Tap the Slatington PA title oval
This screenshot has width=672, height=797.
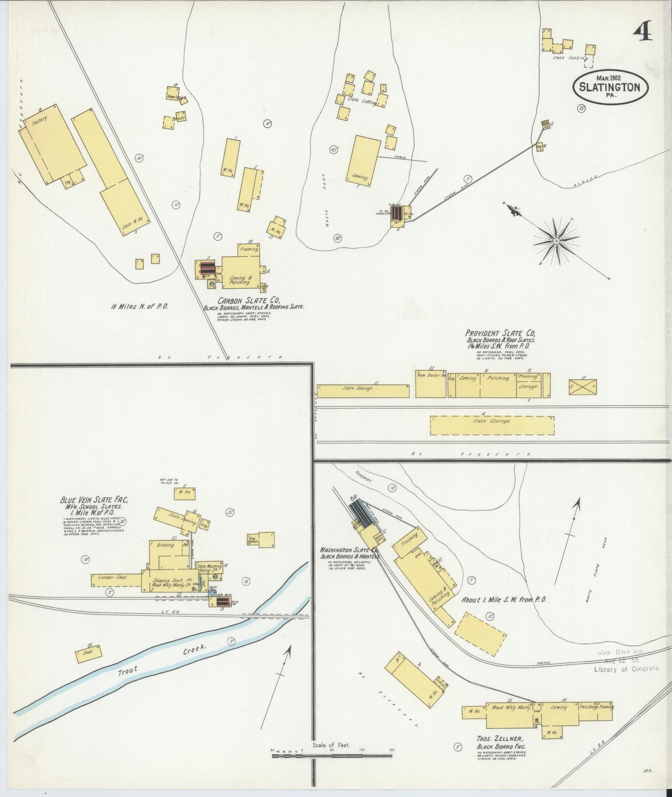pos(609,87)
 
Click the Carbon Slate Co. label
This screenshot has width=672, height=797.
pos(253,300)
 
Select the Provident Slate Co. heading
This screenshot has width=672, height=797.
pos(500,333)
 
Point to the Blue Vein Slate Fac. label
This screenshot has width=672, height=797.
pos(94,500)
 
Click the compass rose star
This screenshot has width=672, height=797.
pos(556,240)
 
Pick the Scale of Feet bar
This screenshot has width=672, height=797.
pos(332,755)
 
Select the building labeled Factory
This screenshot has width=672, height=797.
pos(52,144)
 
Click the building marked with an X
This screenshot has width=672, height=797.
pos(583,387)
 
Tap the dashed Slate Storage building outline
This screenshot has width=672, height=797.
pos(492,425)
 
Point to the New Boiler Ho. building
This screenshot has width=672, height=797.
pos(431,384)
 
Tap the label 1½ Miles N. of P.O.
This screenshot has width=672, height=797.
pos(139,306)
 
